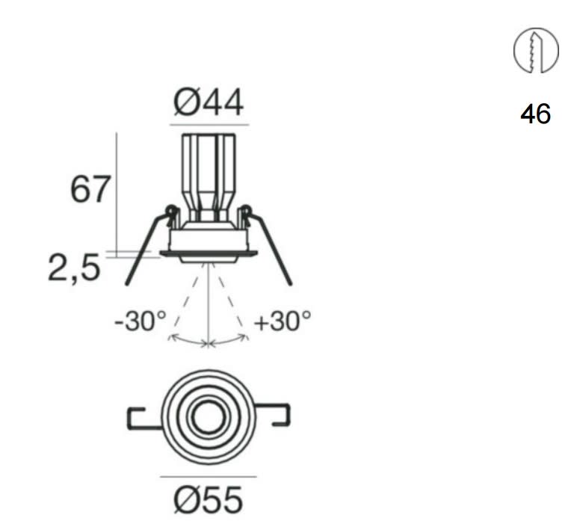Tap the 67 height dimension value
pyautogui.click(x=90, y=190)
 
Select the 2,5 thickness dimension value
pyautogui.click(x=75, y=268)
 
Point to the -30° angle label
pyautogui.click(x=141, y=321)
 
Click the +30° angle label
pyautogui.click(x=283, y=321)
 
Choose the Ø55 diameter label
pyautogui.click(x=209, y=499)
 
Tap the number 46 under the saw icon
pyautogui.click(x=535, y=114)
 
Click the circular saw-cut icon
pyautogui.click(x=537, y=50)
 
